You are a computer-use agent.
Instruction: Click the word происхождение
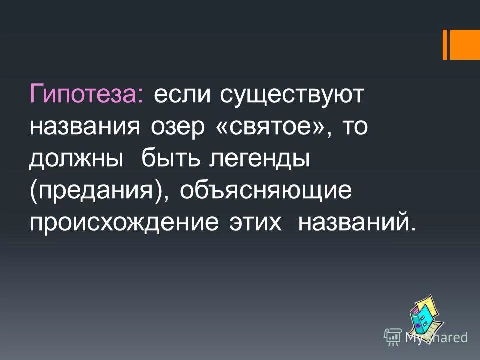[x=124, y=223]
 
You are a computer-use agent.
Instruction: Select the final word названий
[x=356, y=223]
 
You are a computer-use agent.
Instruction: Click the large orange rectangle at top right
[x=466, y=45]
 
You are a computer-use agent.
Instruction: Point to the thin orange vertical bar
[x=445, y=45]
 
